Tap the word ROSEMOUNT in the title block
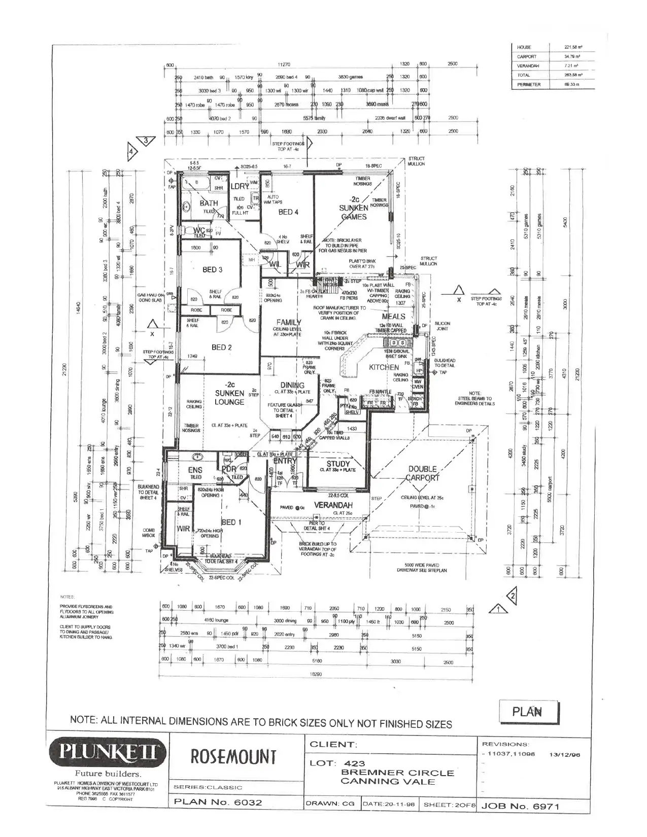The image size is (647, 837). coord(234,757)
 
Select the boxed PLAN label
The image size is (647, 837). coord(528,712)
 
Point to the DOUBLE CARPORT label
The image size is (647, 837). coord(423,473)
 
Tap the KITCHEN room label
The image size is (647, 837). coord(384,367)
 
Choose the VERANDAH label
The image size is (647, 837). coord(333,505)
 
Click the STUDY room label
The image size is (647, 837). coord(338,464)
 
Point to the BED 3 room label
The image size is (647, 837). coord(212,269)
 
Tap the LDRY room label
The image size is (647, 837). coord(240,186)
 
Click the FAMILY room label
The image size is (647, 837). coord(289,322)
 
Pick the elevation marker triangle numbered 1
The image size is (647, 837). coord(499,609)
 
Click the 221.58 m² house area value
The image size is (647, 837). coord(572,47)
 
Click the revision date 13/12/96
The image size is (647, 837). coord(565,755)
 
